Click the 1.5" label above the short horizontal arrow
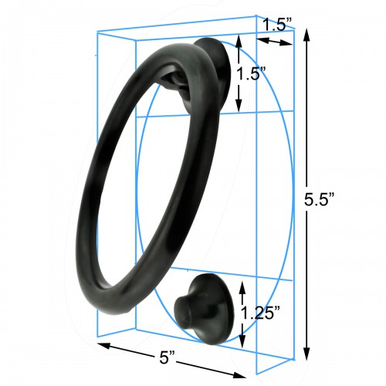click(277, 24)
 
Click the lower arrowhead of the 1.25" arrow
click(242, 345)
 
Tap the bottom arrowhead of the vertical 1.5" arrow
click(239, 107)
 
